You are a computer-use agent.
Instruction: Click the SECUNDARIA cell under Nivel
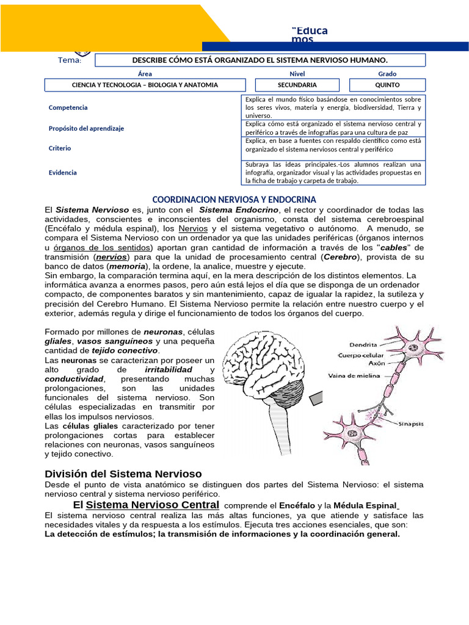coord(297,85)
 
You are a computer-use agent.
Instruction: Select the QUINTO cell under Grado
coord(387,85)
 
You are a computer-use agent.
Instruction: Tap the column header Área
coord(145,73)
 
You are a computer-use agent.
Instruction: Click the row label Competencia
coord(68,107)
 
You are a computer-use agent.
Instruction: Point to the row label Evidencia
coord(63,173)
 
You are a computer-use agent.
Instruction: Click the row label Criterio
coord(60,148)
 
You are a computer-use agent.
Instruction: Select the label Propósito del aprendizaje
coord(86,128)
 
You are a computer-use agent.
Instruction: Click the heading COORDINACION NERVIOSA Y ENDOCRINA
coord(234,200)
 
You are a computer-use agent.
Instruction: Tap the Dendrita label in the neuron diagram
coord(363,344)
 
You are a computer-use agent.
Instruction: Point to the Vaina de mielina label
coord(355,376)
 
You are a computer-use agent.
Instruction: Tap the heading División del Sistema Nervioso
coord(123,474)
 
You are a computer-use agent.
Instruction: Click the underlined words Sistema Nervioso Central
coord(153,505)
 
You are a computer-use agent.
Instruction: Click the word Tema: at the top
coord(70,60)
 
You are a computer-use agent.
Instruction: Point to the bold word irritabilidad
coord(168,370)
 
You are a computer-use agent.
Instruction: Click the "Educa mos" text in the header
coord(310,35)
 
